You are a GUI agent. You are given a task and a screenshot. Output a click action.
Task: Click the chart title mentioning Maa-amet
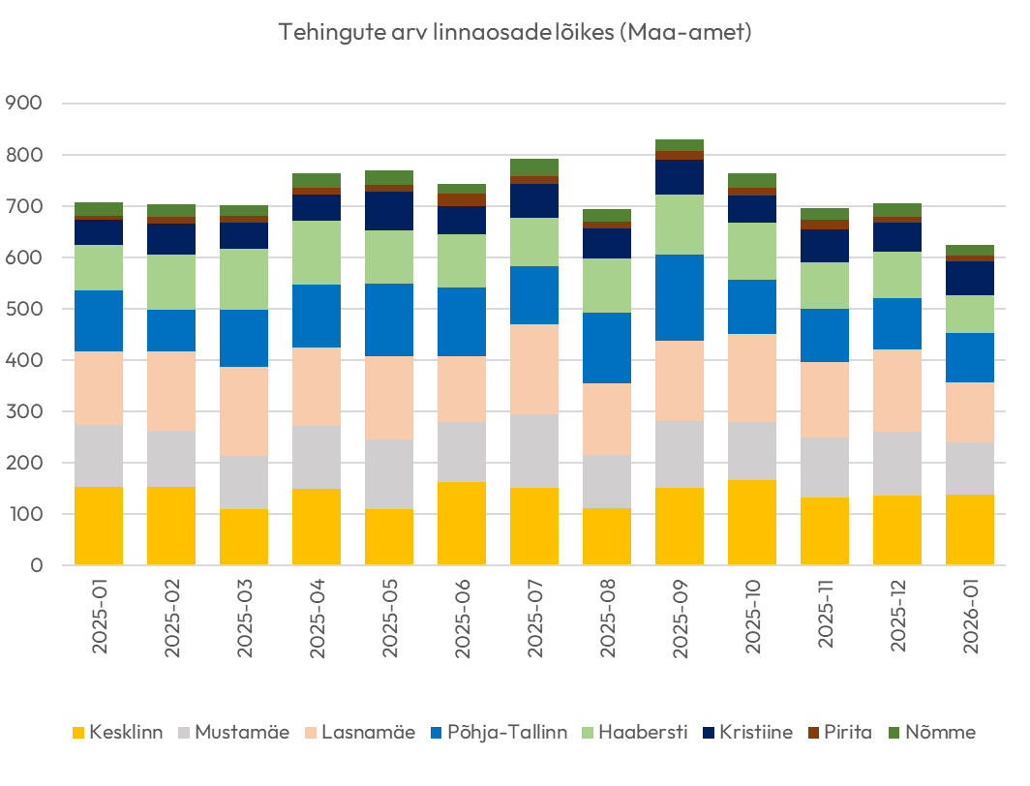tap(515, 32)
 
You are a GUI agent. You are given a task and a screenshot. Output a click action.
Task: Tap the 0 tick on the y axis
tap(36, 565)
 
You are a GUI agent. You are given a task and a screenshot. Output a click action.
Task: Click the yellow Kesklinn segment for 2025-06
tap(462, 523)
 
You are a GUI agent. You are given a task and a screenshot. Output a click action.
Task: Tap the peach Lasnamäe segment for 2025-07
tap(534, 369)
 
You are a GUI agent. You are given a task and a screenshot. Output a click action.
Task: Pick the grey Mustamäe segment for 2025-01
tap(99, 456)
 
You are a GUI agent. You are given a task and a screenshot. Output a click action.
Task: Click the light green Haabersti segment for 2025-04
tap(317, 253)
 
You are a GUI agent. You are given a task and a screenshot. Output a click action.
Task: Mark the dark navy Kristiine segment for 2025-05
tap(389, 211)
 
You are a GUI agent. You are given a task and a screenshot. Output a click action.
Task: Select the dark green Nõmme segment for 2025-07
tap(534, 167)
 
